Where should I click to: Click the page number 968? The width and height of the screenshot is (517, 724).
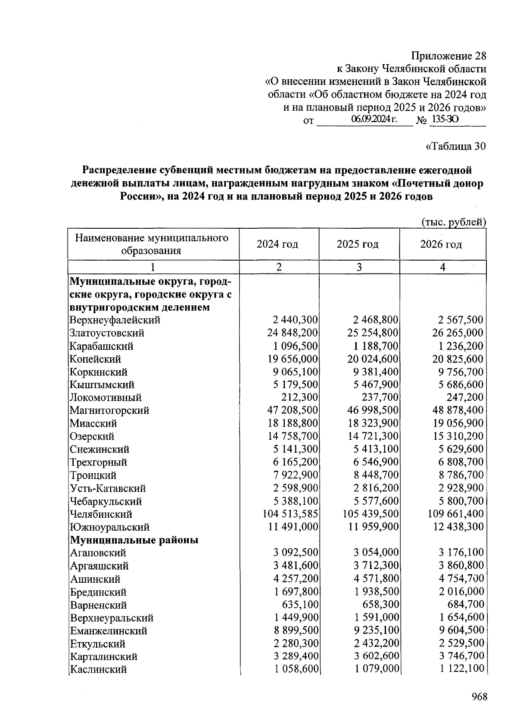pyautogui.click(x=479, y=696)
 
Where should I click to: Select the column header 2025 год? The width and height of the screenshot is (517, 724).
pyautogui.click(x=358, y=244)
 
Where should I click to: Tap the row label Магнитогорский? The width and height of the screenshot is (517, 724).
pyautogui.click(x=109, y=410)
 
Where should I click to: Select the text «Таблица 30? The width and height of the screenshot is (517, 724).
pyautogui.click(x=455, y=146)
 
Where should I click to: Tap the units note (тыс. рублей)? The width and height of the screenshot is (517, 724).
pyautogui.click(x=453, y=222)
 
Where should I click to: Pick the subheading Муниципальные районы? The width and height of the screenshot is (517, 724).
pyautogui.click(x=134, y=540)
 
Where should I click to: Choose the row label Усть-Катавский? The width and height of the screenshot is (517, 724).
pyautogui.click(x=108, y=488)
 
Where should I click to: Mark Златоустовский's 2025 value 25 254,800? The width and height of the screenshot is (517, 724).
pyautogui.click(x=373, y=333)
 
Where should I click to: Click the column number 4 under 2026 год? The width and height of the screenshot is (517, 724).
pyautogui.click(x=442, y=267)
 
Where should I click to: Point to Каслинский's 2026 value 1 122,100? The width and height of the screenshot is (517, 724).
pyautogui.click(x=461, y=669)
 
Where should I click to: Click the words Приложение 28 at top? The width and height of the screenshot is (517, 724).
pyautogui.click(x=448, y=56)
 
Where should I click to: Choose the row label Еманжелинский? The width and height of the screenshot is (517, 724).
pyautogui.click(x=109, y=631)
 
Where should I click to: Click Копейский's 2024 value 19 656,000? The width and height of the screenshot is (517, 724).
pyautogui.click(x=293, y=359)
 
